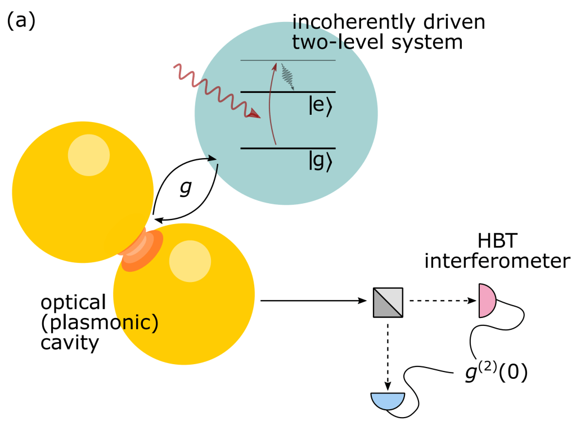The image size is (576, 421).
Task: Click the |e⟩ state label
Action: pos(322,107)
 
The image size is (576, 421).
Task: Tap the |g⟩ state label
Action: pos(322,161)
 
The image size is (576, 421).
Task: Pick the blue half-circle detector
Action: pos(388,400)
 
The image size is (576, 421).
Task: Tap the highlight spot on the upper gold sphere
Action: pos(88,154)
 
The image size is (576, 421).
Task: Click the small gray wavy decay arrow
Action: pos(288,77)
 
